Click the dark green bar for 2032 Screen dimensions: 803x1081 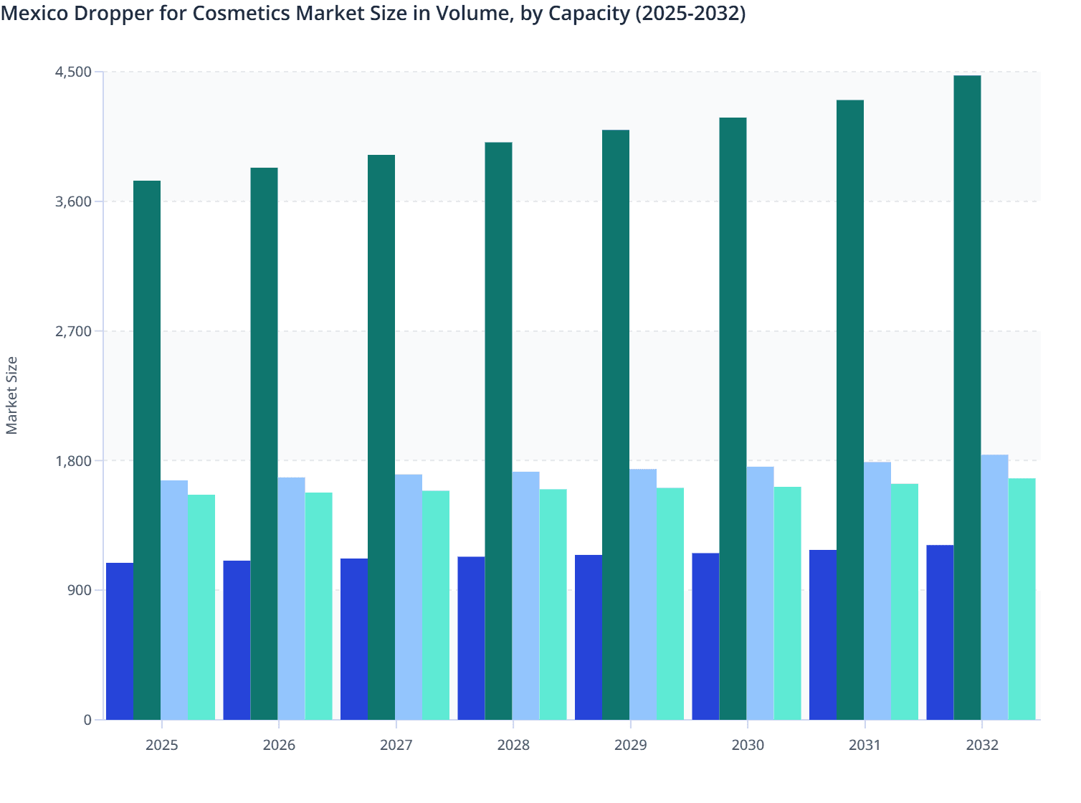click(x=967, y=397)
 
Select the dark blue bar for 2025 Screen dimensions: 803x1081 click(x=120, y=641)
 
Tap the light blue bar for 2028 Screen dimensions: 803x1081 click(x=525, y=595)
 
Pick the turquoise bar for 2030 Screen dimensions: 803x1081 click(x=787, y=603)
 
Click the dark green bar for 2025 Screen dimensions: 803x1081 click(x=147, y=450)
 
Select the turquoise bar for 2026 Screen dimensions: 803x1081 click(x=318, y=606)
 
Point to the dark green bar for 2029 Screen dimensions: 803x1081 click(x=616, y=424)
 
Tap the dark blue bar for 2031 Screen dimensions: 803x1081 click(x=823, y=635)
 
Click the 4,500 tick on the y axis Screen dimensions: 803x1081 click(x=74, y=72)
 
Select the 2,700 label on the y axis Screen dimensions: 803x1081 click(x=74, y=331)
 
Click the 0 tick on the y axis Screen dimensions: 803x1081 click(x=87, y=720)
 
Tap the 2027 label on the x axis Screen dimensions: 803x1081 click(x=396, y=745)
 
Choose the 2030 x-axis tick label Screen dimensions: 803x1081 click(x=748, y=745)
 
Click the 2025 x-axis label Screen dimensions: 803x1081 click(x=161, y=745)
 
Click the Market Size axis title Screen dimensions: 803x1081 click(x=12, y=396)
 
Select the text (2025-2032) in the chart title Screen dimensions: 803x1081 click(x=690, y=13)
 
